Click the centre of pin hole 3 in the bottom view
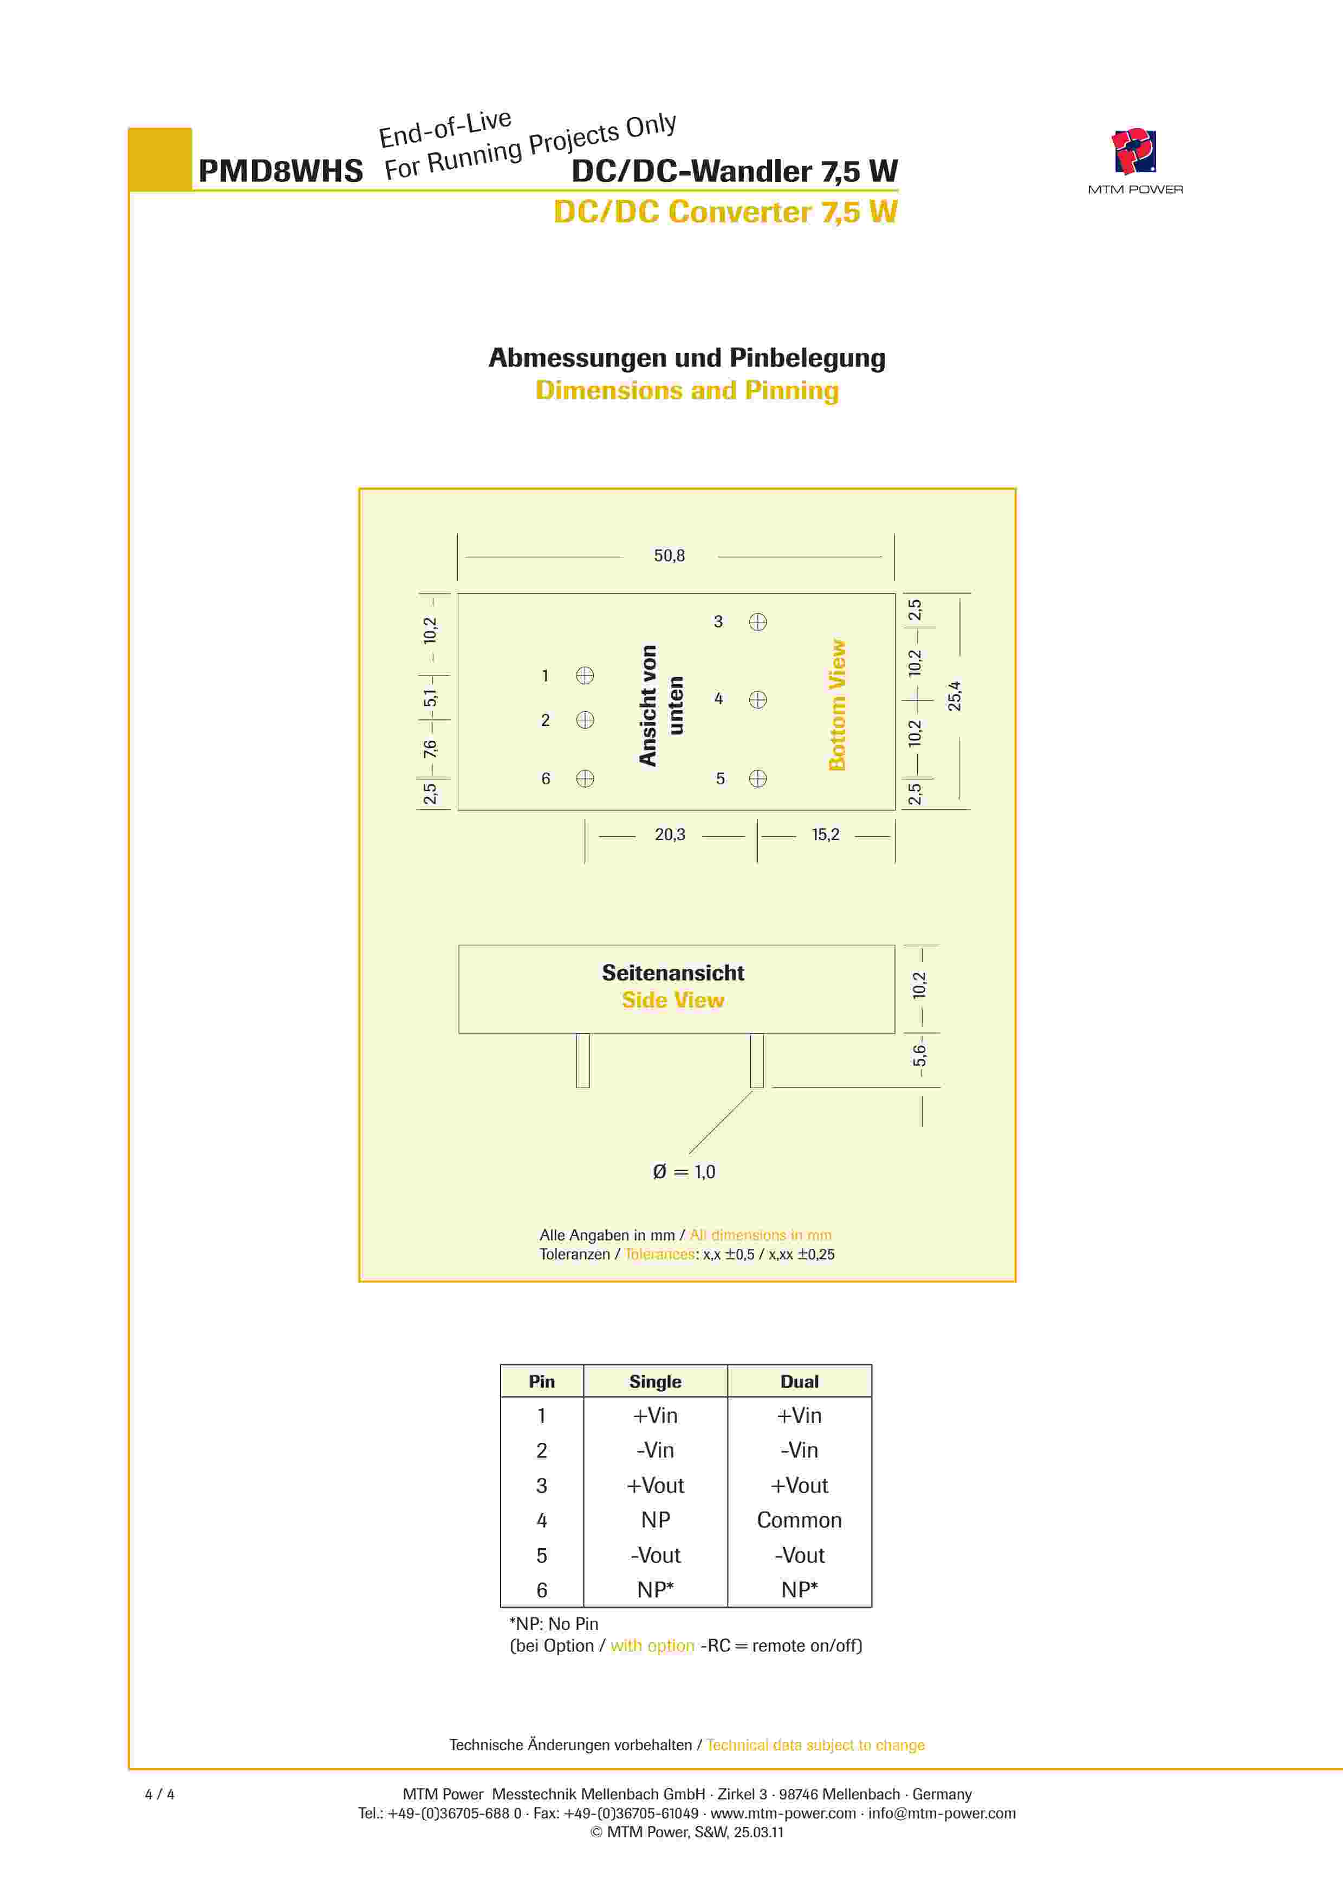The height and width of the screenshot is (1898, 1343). tap(757, 622)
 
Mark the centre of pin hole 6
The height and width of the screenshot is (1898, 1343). tap(585, 778)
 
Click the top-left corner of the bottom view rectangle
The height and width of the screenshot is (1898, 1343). tap(458, 594)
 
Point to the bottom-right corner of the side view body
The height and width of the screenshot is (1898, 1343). tap(895, 1032)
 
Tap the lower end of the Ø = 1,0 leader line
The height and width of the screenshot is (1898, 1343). tap(689, 1153)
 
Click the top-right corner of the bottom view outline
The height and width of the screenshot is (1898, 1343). tap(895, 594)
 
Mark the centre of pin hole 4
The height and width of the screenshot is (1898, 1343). tap(757, 699)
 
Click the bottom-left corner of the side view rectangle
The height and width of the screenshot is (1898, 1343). tap(459, 1032)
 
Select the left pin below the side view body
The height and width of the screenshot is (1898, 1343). tap(583, 1060)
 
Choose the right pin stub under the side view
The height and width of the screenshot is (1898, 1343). tap(757, 1060)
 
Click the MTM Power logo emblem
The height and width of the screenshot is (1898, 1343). tap(1134, 151)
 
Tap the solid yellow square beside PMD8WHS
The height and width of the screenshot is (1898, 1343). tap(160, 159)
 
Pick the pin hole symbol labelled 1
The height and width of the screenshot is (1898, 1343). tap(585, 675)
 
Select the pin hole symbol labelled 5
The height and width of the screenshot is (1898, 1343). tap(757, 778)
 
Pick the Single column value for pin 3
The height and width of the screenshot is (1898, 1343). tap(655, 1485)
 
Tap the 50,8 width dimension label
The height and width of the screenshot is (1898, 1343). tap(669, 556)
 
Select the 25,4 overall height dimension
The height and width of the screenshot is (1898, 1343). tap(955, 696)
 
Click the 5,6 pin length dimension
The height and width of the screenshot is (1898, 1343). tap(919, 1056)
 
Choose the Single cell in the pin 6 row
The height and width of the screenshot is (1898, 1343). tap(655, 1590)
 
